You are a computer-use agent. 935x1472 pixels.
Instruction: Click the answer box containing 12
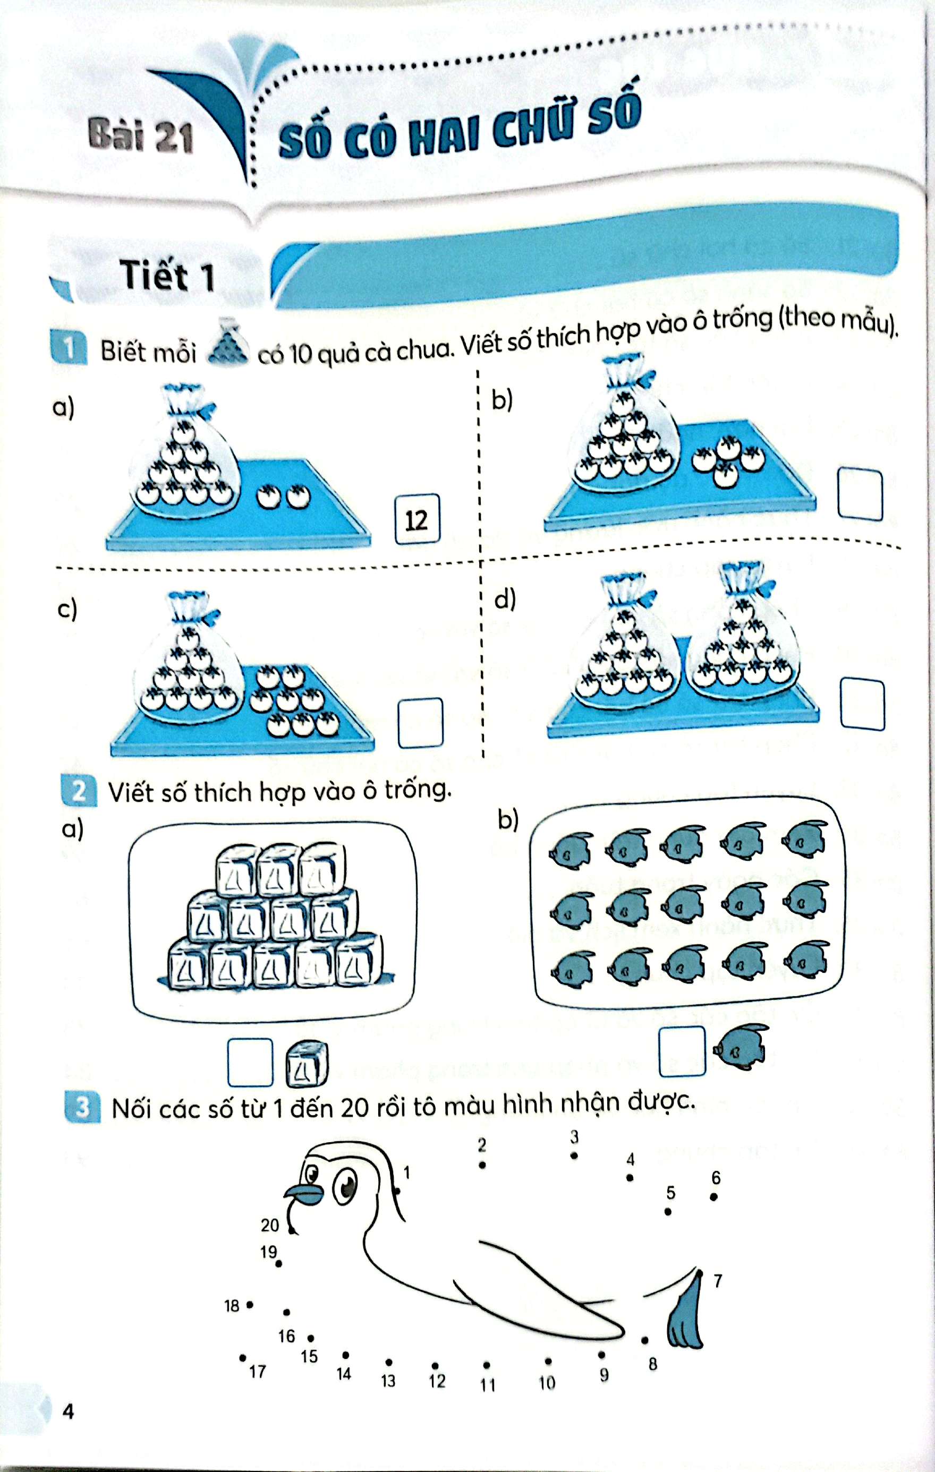click(x=417, y=519)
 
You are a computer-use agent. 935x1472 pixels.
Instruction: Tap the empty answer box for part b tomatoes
click(x=860, y=494)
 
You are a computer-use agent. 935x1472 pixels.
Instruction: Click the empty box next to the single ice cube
click(x=250, y=1063)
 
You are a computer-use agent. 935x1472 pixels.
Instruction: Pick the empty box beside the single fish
click(x=682, y=1051)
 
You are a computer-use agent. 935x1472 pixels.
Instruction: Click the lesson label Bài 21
click(x=141, y=136)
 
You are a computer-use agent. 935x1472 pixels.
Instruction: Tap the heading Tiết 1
click(x=167, y=276)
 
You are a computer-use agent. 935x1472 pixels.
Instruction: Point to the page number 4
click(x=68, y=1411)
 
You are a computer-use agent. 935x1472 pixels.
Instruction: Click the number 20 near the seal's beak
click(x=270, y=1221)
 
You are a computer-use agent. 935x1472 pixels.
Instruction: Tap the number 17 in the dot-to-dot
click(x=258, y=1372)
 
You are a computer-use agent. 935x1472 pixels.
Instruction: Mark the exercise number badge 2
click(x=80, y=792)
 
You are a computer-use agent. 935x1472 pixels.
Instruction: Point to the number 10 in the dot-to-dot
click(x=547, y=1382)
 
